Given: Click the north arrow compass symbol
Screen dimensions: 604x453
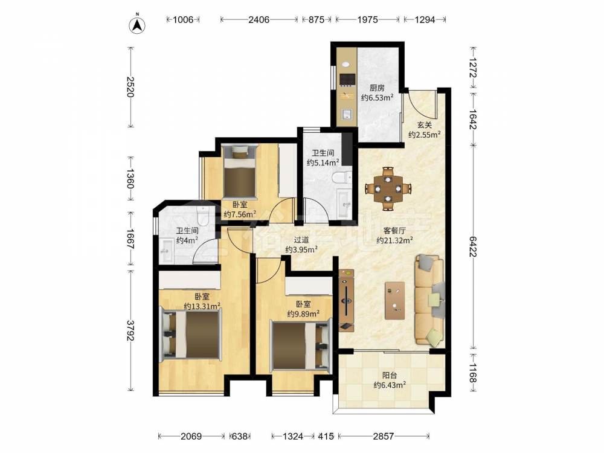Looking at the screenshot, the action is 137,24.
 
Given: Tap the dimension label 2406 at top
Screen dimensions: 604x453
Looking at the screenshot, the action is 259,20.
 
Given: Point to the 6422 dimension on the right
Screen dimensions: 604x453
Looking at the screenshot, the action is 473,247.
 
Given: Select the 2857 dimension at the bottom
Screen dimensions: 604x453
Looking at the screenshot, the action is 384,436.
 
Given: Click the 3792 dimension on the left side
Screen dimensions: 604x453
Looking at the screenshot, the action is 130,330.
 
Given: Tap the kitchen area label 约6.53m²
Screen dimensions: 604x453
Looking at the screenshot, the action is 377,97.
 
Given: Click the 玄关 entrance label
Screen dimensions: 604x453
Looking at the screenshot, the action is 425,125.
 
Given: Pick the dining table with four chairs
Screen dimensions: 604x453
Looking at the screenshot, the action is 388,188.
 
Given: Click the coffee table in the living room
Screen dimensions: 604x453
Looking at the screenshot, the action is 395,300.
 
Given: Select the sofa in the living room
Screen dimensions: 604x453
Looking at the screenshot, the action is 429,300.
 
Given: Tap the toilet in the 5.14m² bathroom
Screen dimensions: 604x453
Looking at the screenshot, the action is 341,177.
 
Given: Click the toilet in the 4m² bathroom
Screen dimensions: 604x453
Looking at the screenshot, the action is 202,215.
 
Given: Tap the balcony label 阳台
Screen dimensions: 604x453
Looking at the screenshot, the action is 390,375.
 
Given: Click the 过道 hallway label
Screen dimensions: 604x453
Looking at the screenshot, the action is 301,240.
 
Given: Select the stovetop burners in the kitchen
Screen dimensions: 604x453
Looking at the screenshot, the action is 347,79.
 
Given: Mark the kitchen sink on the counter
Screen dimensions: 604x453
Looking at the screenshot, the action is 347,114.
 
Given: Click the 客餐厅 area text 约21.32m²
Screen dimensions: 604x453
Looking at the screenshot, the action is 394,240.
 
